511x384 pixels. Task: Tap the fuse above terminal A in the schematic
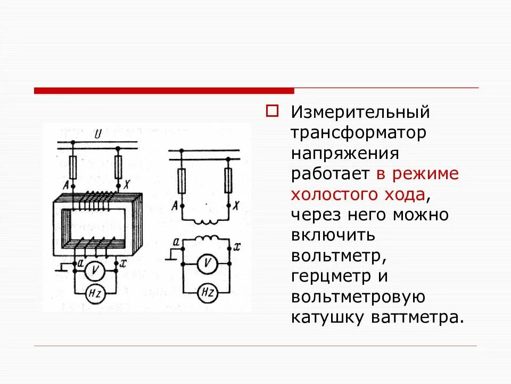[x=182, y=180]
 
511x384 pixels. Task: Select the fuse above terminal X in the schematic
[x=228, y=180]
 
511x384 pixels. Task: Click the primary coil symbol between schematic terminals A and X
[x=205, y=220]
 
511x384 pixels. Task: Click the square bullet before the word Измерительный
[x=273, y=111]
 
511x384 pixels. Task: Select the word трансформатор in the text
[x=358, y=133]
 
